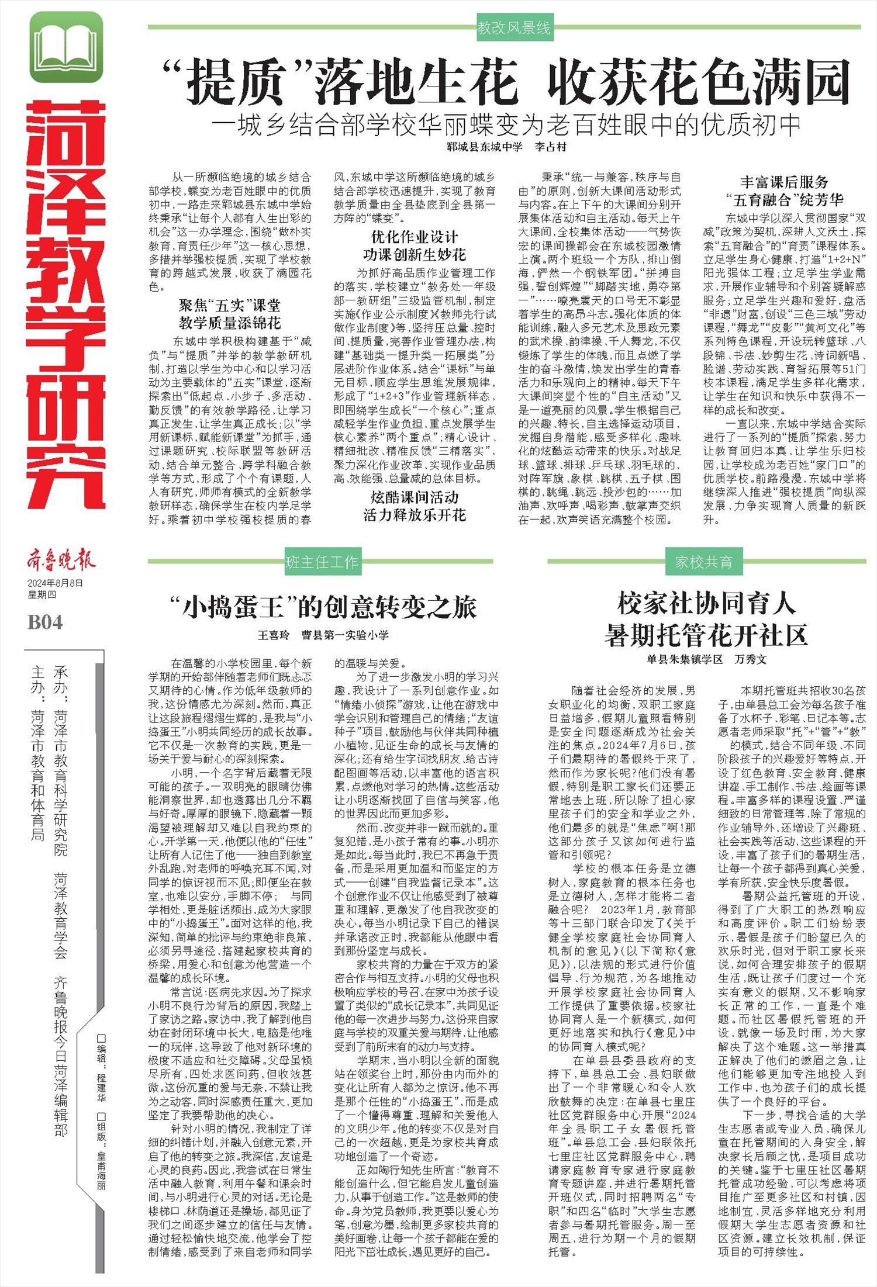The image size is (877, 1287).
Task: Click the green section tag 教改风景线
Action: (513, 27)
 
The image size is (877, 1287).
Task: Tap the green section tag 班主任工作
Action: (322, 562)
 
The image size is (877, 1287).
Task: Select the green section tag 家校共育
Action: (703, 562)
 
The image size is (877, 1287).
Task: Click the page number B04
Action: (45, 622)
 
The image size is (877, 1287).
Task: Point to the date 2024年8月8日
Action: (55, 583)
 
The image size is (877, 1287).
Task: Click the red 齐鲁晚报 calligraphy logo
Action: (60, 561)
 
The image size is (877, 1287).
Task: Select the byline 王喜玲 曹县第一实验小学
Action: (323, 635)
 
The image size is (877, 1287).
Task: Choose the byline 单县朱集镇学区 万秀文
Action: (706, 659)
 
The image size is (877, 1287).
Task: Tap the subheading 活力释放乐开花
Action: (415, 515)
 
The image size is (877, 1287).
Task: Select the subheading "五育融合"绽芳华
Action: (784, 200)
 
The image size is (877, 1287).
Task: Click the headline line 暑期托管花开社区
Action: (706, 635)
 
